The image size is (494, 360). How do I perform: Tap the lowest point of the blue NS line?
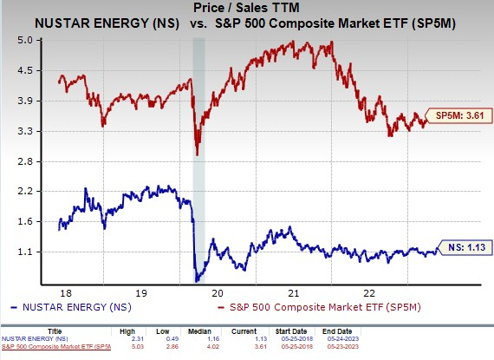tap(198, 281)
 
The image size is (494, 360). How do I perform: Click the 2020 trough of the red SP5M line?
tap(198, 154)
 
